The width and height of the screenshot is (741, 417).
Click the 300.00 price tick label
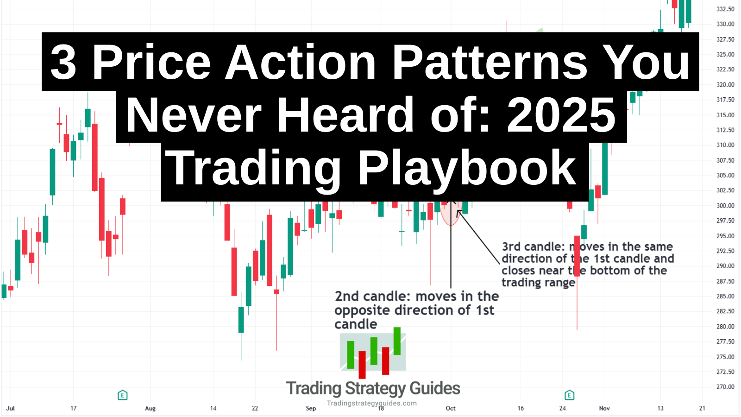click(x=725, y=206)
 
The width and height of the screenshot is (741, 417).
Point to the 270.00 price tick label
click(x=725, y=387)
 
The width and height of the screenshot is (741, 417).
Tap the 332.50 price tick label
click(x=725, y=9)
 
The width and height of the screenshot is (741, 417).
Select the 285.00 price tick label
click(x=725, y=297)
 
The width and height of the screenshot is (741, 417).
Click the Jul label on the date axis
click(x=10, y=408)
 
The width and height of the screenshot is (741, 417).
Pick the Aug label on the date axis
click(x=150, y=408)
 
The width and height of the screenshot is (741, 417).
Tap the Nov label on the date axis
click(x=604, y=408)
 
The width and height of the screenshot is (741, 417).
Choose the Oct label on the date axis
click(x=451, y=408)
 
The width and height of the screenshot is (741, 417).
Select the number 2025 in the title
click(x=562, y=115)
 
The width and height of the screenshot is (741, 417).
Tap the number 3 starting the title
click(x=63, y=62)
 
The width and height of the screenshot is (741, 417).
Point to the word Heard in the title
click(x=345, y=115)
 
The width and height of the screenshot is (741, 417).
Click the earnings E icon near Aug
click(x=123, y=395)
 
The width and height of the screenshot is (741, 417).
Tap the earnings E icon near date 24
click(x=570, y=395)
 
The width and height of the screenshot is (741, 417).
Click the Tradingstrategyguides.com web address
click(x=372, y=403)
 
